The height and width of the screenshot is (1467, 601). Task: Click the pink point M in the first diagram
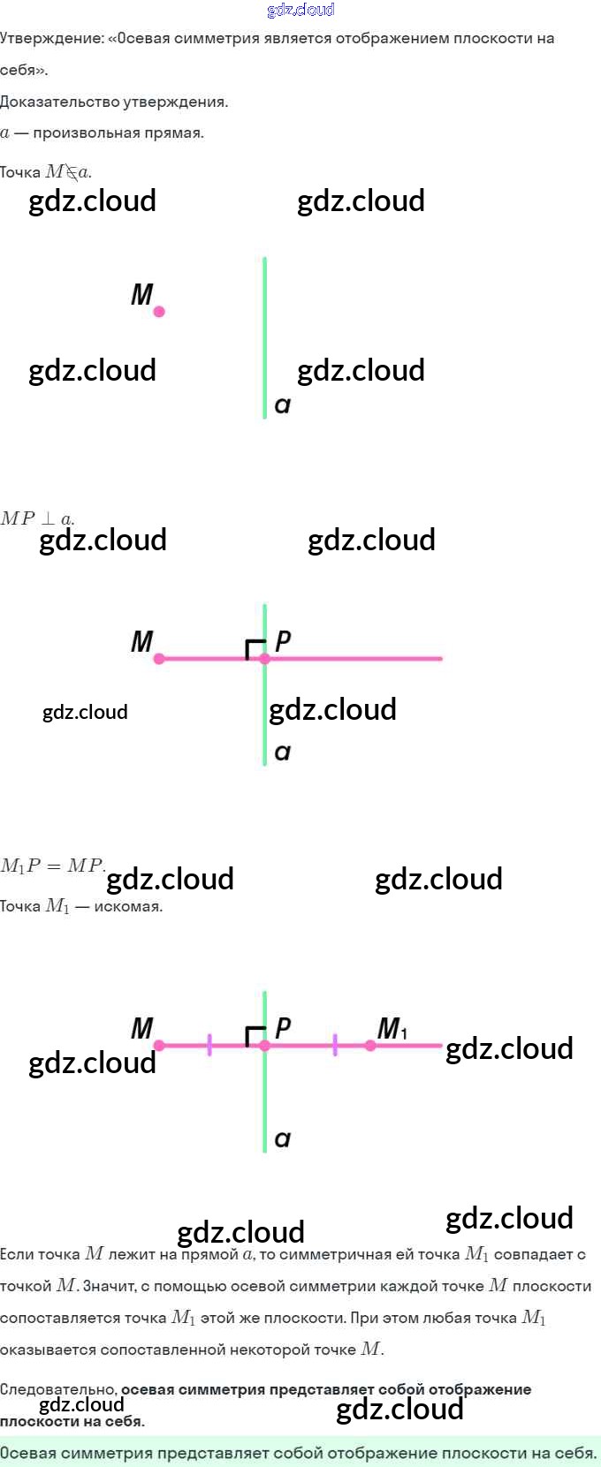pyautogui.click(x=159, y=311)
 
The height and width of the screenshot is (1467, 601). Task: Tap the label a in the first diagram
pyautogui.click(x=283, y=405)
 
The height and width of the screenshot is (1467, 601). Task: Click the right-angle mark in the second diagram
pyautogui.click(x=255, y=649)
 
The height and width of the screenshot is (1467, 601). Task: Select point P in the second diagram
pyautogui.click(x=265, y=658)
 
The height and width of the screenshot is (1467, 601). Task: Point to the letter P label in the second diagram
pyautogui.click(x=283, y=640)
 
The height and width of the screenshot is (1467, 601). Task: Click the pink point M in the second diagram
pyautogui.click(x=159, y=658)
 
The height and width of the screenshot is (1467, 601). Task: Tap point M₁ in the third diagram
pyautogui.click(x=370, y=1045)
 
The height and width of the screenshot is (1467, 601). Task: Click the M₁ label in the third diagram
pyautogui.click(x=392, y=1028)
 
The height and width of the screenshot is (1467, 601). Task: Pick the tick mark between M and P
pyautogui.click(x=209, y=1045)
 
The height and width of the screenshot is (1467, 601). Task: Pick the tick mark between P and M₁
pyautogui.click(x=335, y=1045)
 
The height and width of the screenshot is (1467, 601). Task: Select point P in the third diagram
pyautogui.click(x=265, y=1045)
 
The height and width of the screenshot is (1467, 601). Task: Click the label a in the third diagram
pyautogui.click(x=283, y=1139)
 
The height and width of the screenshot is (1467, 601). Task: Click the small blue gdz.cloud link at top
pyautogui.click(x=300, y=10)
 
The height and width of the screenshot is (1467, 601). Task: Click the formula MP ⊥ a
pyautogui.click(x=37, y=518)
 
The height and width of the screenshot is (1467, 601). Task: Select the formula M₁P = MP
pyautogui.click(x=52, y=866)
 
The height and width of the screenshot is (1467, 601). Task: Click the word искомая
pyautogui.click(x=128, y=906)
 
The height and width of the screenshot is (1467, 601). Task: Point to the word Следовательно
pyautogui.click(x=58, y=1389)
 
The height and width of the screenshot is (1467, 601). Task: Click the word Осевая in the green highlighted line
pyautogui.click(x=29, y=1453)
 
